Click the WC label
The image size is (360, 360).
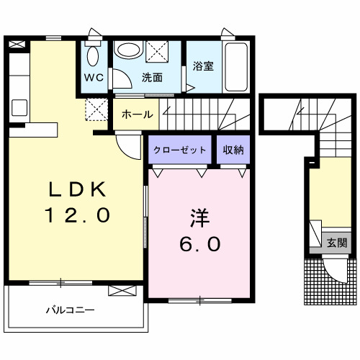point(94,78)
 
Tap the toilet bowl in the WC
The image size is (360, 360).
point(93,56)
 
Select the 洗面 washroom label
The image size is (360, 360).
point(152,77)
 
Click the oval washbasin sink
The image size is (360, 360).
point(128,49)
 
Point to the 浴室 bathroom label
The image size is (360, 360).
point(203,66)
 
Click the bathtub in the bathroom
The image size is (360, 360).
point(236,67)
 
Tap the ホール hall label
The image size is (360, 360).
point(138,114)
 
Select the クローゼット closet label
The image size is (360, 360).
point(180,150)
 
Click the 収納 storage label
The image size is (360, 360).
point(233,150)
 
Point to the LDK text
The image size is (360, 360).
point(77,189)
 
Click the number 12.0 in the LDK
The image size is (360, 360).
point(77,215)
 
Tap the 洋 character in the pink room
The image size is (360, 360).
point(199,218)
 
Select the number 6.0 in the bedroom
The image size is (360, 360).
point(199,244)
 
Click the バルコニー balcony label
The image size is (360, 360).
point(71,310)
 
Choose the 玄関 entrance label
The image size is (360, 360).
point(337,243)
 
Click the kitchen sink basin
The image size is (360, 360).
point(19,108)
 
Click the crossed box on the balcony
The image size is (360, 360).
point(122,291)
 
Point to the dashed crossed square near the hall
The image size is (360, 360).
point(96,109)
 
